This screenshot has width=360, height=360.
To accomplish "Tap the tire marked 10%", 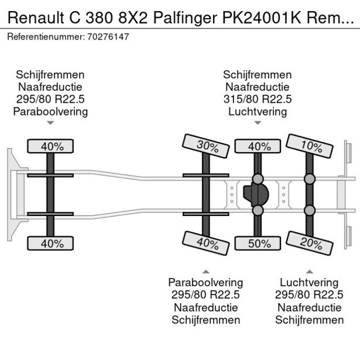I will [x=310, y=146].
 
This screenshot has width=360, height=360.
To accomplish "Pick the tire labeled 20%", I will [x=310, y=243].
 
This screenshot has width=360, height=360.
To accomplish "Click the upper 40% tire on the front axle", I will [x=51, y=146].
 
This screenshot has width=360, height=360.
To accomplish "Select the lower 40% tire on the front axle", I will [x=51, y=243].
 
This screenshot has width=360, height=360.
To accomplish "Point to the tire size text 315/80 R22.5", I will [x=257, y=99].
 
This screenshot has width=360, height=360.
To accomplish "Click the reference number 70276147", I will [x=108, y=37].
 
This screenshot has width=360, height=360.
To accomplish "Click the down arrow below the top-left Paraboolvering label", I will [x=50, y=123].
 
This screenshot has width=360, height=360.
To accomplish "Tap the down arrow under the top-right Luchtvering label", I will [x=257, y=123].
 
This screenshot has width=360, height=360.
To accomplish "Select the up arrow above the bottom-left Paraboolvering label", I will [x=205, y=271].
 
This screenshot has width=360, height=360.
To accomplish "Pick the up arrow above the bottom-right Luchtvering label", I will [x=310, y=271].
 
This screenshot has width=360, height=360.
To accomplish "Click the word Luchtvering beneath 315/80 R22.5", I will [x=257, y=111].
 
